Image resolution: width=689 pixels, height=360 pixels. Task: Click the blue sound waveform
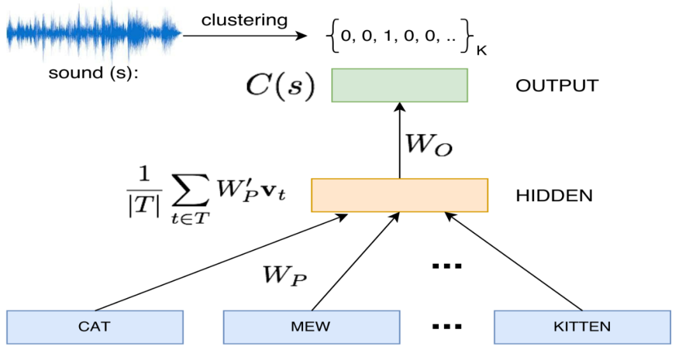point(93,32)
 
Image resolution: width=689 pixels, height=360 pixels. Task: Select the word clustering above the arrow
point(244,20)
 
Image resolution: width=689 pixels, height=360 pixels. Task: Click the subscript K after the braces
point(481,50)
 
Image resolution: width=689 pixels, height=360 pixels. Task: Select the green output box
point(399,86)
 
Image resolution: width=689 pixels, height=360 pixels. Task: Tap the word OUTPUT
point(557,86)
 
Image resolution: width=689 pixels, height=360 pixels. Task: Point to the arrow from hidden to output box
point(399,140)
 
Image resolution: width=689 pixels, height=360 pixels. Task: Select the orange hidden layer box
point(399,195)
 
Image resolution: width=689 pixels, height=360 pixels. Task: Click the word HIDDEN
point(554,195)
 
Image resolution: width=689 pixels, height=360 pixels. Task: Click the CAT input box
point(95,327)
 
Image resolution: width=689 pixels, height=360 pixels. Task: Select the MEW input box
point(311,327)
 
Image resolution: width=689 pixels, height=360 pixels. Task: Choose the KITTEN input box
point(582,327)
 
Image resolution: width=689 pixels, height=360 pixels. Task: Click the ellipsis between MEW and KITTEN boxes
point(447,327)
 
